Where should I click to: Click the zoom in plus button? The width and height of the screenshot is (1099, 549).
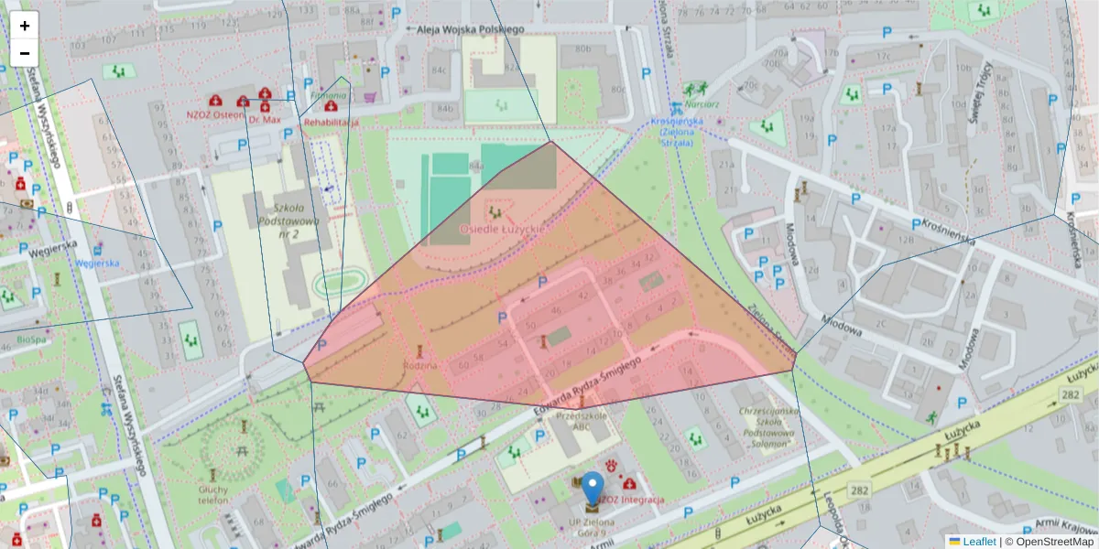(x=25, y=26)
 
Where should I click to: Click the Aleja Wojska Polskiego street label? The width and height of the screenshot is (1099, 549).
(x=470, y=29)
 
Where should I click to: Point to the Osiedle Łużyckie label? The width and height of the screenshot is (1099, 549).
(x=499, y=227)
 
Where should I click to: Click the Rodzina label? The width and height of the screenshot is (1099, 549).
(x=420, y=365)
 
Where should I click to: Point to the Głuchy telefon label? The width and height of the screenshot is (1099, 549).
(x=212, y=495)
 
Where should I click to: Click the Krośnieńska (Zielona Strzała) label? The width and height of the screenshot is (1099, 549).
(x=676, y=132)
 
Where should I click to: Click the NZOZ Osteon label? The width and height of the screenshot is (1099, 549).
(x=215, y=115)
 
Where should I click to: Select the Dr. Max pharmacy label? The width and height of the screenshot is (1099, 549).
(x=264, y=120)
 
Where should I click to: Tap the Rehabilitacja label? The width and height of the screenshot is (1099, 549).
(x=331, y=121)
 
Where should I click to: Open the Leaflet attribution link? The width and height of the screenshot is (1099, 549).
(x=978, y=542)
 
